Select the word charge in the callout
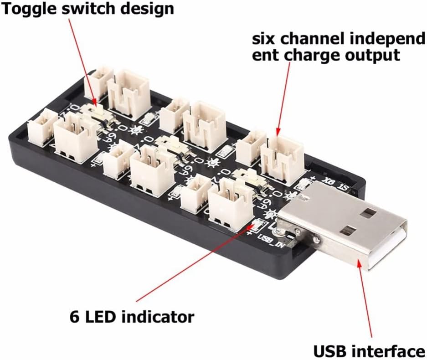pyautogui.click(x=314, y=56)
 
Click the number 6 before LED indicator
pyautogui.click(x=75, y=316)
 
